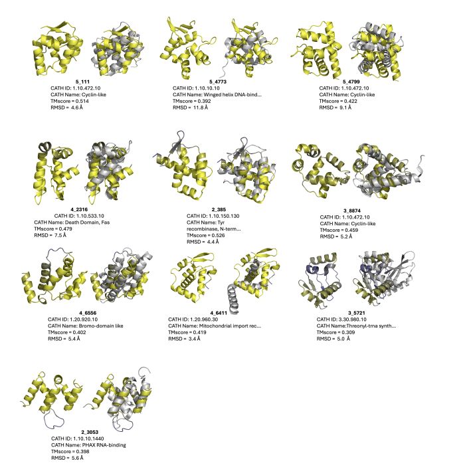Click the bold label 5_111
[x=82, y=82]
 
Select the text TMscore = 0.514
[x=70, y=101]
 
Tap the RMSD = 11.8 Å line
[x=190, y=107]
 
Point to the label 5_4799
[x=351, y=82]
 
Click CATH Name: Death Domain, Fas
[x=72, y=222]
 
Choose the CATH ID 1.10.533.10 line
[x=79, y=216]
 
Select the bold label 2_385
[x=219, y=209]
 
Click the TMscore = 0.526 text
[x=206, y=235]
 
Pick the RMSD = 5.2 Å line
[x=336, y=236]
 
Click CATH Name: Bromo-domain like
[x=86, y=326]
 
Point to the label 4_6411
[x=219, y=313]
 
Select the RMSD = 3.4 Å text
[x=184, y=338]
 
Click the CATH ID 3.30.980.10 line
[x=341, y=319]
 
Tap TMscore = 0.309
[x=335, y=332]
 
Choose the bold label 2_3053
[x=90, y=432]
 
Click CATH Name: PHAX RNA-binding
[x=88, y=445]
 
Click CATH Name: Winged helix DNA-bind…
[x=217, y=94]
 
